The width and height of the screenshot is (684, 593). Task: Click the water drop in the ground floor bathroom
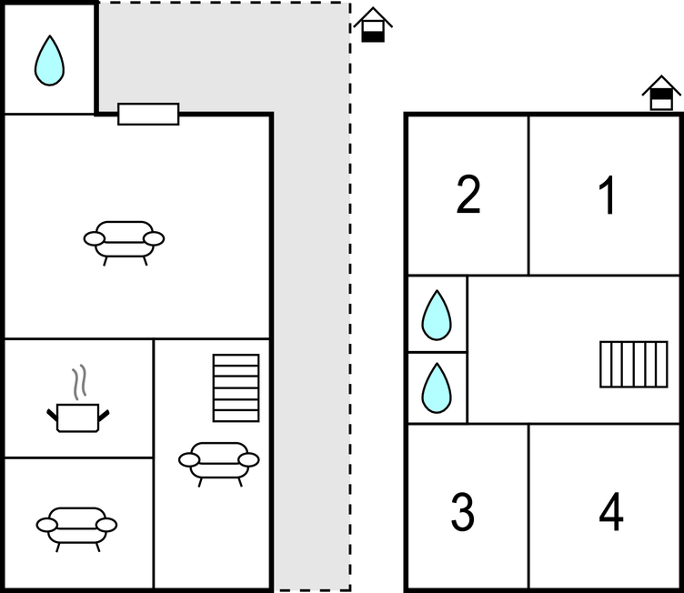coord(49,61)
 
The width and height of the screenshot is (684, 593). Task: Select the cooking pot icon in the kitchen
coord(78,418)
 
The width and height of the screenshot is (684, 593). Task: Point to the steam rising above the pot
coord(79,382)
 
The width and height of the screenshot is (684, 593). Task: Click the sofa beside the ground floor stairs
coord(218,464)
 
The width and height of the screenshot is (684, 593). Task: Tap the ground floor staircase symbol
coord(236,388)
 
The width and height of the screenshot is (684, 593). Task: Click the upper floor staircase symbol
coord(634,365)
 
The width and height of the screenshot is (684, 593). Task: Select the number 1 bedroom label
coord(608,195)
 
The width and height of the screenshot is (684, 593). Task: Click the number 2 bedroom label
coord(468,195)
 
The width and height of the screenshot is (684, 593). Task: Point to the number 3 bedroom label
coord(462,511)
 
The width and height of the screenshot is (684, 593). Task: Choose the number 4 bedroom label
coord(611,511)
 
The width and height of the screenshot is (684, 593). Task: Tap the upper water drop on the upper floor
coord(437,315)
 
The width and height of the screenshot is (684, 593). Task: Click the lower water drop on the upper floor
coord(437,388)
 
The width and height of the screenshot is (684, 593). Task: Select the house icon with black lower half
coord(373,25)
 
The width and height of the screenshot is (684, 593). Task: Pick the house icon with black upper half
coord(661,93)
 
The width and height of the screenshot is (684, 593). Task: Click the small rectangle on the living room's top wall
coord(148,114)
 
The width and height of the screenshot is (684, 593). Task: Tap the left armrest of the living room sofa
coord(95,238)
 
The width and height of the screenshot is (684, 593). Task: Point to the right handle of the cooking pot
coord(104,416)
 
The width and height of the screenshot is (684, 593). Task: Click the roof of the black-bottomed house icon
coord(373,16)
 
